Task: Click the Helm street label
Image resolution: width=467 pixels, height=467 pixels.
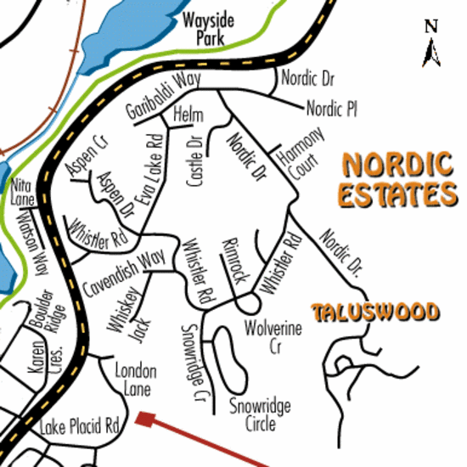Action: tap(187, 113)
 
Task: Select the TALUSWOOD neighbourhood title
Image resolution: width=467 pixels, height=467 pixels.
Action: tap(375, 312)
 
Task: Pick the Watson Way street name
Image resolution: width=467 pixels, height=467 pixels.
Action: tap(31, 242)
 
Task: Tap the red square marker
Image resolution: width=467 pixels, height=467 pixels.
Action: tap(144, 418)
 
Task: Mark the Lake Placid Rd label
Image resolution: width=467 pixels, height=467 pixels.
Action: tap(83, 424)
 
